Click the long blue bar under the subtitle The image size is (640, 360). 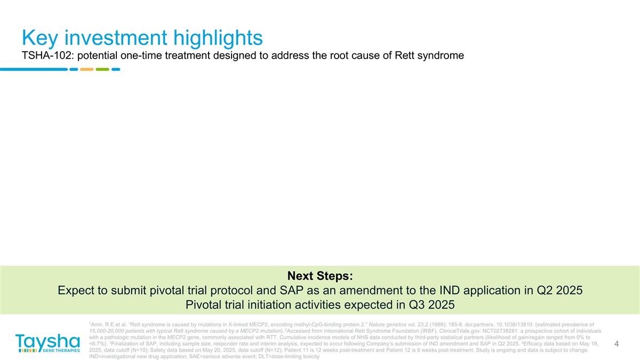(x=34, y=69)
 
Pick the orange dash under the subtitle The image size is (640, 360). (x=86, y=69)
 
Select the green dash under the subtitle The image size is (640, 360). (x=102, y=69)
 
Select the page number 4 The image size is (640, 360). (x=617, y=344)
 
